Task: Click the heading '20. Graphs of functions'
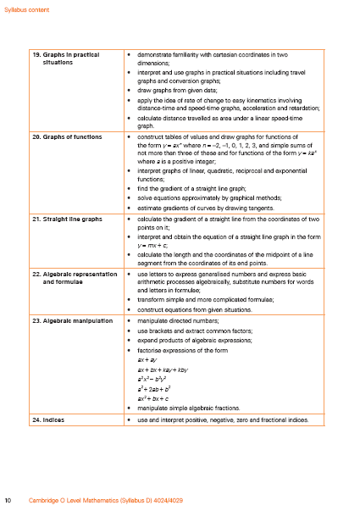[x=66, y=136]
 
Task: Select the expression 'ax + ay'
[x=147, y=359]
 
